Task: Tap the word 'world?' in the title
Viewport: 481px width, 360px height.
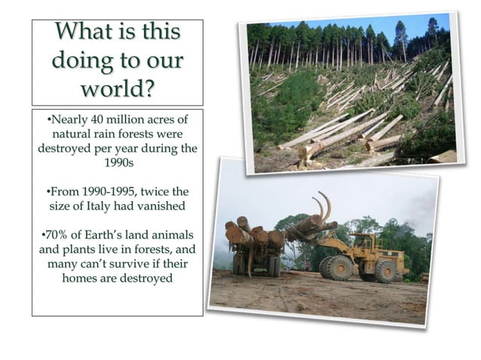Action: point(117,88)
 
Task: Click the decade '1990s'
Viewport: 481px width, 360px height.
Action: point(117,161)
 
